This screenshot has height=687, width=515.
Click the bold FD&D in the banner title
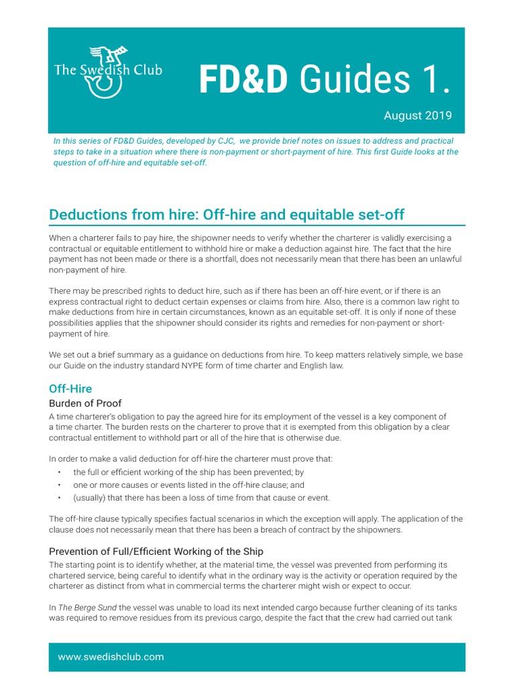pyautogui.click(x=243, y=81)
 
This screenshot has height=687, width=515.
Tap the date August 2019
pyautogui.click(x=418, y=115)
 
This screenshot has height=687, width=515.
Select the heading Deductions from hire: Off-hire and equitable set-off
pyautogui.click(x=227, y=215)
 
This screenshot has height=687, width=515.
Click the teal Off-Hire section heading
pyautogui.click(x=70, y=388)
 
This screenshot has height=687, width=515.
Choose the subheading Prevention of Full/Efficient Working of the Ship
pyautogui.click(x=156, y=551)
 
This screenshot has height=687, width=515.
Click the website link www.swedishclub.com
pyautogui.click(x=111, y=657)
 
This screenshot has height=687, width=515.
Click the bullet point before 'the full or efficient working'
pyautogui.click(x=60, y=472)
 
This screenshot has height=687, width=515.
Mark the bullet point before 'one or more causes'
pyautogui.click(x=60, y=484)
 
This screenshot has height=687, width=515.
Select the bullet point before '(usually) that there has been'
pyautogui.click(x=60, y=497)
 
